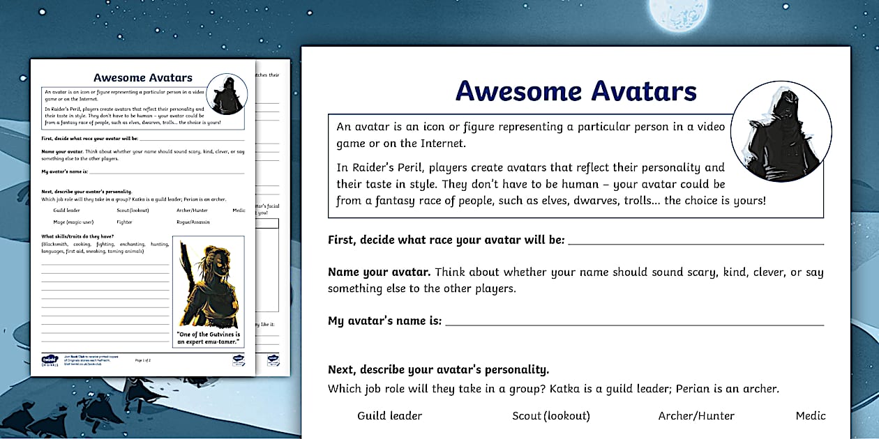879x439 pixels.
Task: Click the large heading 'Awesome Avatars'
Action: click(x=576, y=91)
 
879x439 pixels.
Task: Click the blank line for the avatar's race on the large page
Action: click(x=696, y=242)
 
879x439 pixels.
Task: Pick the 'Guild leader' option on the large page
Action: click(x=389, y=416)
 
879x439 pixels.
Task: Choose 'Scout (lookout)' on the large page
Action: click(x=550, y=416)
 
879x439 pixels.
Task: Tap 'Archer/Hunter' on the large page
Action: click(x=696, y=416)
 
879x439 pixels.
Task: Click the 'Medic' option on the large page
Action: click(x=810, y=416)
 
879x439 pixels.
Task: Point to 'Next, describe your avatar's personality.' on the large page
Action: click(x=438, y=370)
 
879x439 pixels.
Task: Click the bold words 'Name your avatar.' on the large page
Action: click(x=379, y=272)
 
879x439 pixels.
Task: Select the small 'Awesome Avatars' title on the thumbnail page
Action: click(x=142, y=78)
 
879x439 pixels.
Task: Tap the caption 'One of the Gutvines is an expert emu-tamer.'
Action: click(x=208, y=338)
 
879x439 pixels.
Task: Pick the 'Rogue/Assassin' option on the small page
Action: click(x=193, y=222)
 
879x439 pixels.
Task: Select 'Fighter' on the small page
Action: click(x=124, y=222)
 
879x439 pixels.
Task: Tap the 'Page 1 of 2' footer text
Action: click(x=142, y=360)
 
